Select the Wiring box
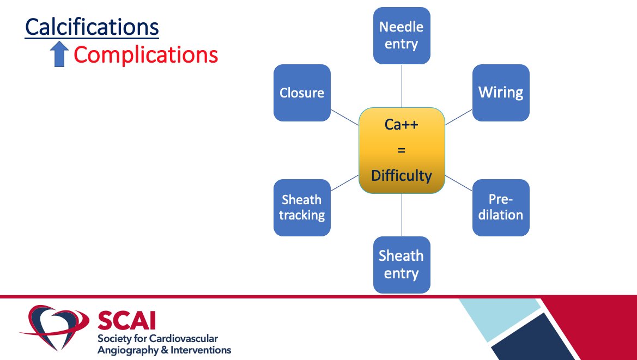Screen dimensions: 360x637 [501, 93]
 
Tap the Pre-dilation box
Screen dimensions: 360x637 [501, 208]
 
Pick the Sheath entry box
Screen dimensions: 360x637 [402, 264]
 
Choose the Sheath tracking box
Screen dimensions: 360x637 [302, 208]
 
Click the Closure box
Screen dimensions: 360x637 [302, 93]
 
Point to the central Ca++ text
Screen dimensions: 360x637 [402, 125]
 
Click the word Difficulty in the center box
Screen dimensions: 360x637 [402, 175]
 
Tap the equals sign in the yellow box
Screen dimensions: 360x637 [402, 150]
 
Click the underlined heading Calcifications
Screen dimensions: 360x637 [92, 27]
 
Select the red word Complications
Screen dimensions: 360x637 [145, 55]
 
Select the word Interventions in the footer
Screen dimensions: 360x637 [198, 350]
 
